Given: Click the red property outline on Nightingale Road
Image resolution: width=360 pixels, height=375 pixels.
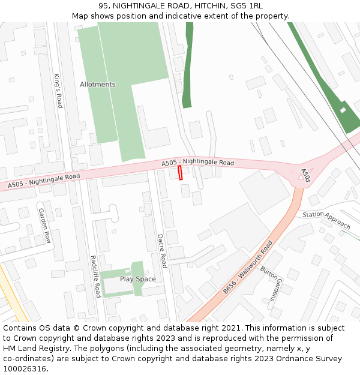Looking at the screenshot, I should point(180,173).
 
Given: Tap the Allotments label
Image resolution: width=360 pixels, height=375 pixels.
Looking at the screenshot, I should point(97,85).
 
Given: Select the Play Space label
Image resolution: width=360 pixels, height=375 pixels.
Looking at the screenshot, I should point(137,279).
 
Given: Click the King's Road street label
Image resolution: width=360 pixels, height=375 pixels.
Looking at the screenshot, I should point(58,91).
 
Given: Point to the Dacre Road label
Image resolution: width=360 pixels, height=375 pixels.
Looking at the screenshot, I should point(161,251).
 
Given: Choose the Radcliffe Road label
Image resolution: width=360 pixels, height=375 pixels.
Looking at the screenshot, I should point(94,277).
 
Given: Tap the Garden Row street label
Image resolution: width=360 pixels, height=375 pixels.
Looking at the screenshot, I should point(44,226).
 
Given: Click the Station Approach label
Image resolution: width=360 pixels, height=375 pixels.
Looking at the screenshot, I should point(326,220).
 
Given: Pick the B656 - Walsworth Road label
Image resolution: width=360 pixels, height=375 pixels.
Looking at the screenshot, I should point(248,267).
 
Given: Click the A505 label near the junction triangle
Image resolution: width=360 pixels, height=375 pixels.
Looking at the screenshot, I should point(305,175).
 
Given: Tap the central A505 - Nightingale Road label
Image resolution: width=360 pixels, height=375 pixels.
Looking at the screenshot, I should point(197,163).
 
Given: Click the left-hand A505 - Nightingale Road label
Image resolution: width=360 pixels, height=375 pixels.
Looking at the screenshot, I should point(44,181).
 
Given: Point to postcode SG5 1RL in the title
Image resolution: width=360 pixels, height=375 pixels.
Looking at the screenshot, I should point(247,6).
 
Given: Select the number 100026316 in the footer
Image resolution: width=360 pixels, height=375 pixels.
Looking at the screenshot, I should point(24,369).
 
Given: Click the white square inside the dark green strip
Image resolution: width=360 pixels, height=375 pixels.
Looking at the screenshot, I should point(343,110).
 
